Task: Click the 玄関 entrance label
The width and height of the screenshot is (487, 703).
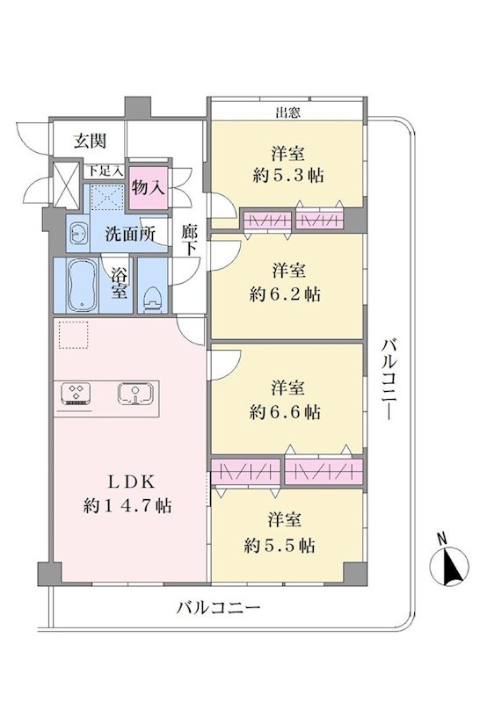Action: point(91,141)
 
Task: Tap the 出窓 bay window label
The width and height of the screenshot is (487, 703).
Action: point(287,112)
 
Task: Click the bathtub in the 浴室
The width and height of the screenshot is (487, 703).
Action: point(82,285)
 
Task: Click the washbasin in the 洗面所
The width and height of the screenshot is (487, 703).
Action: point(79,234)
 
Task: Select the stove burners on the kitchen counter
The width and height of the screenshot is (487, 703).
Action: point(76,394)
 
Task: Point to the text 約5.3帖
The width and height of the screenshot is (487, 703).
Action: point(288,175)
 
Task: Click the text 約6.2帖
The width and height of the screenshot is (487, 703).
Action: point(285,294)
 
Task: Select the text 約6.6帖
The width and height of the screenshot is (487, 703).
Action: point(285,412)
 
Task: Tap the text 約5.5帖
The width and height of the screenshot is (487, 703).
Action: point(280,546)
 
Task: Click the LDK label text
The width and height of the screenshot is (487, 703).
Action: point(132,482)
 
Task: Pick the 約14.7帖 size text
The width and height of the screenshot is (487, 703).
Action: point(127,506)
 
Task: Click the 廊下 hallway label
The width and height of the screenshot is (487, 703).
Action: point(189,240)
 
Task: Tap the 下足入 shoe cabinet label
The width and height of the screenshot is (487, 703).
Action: point(105,170)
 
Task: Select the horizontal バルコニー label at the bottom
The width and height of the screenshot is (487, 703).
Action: point(218,608)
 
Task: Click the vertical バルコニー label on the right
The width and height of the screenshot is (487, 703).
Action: point(389,380)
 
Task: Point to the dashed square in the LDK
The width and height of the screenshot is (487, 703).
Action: point(74,335)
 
